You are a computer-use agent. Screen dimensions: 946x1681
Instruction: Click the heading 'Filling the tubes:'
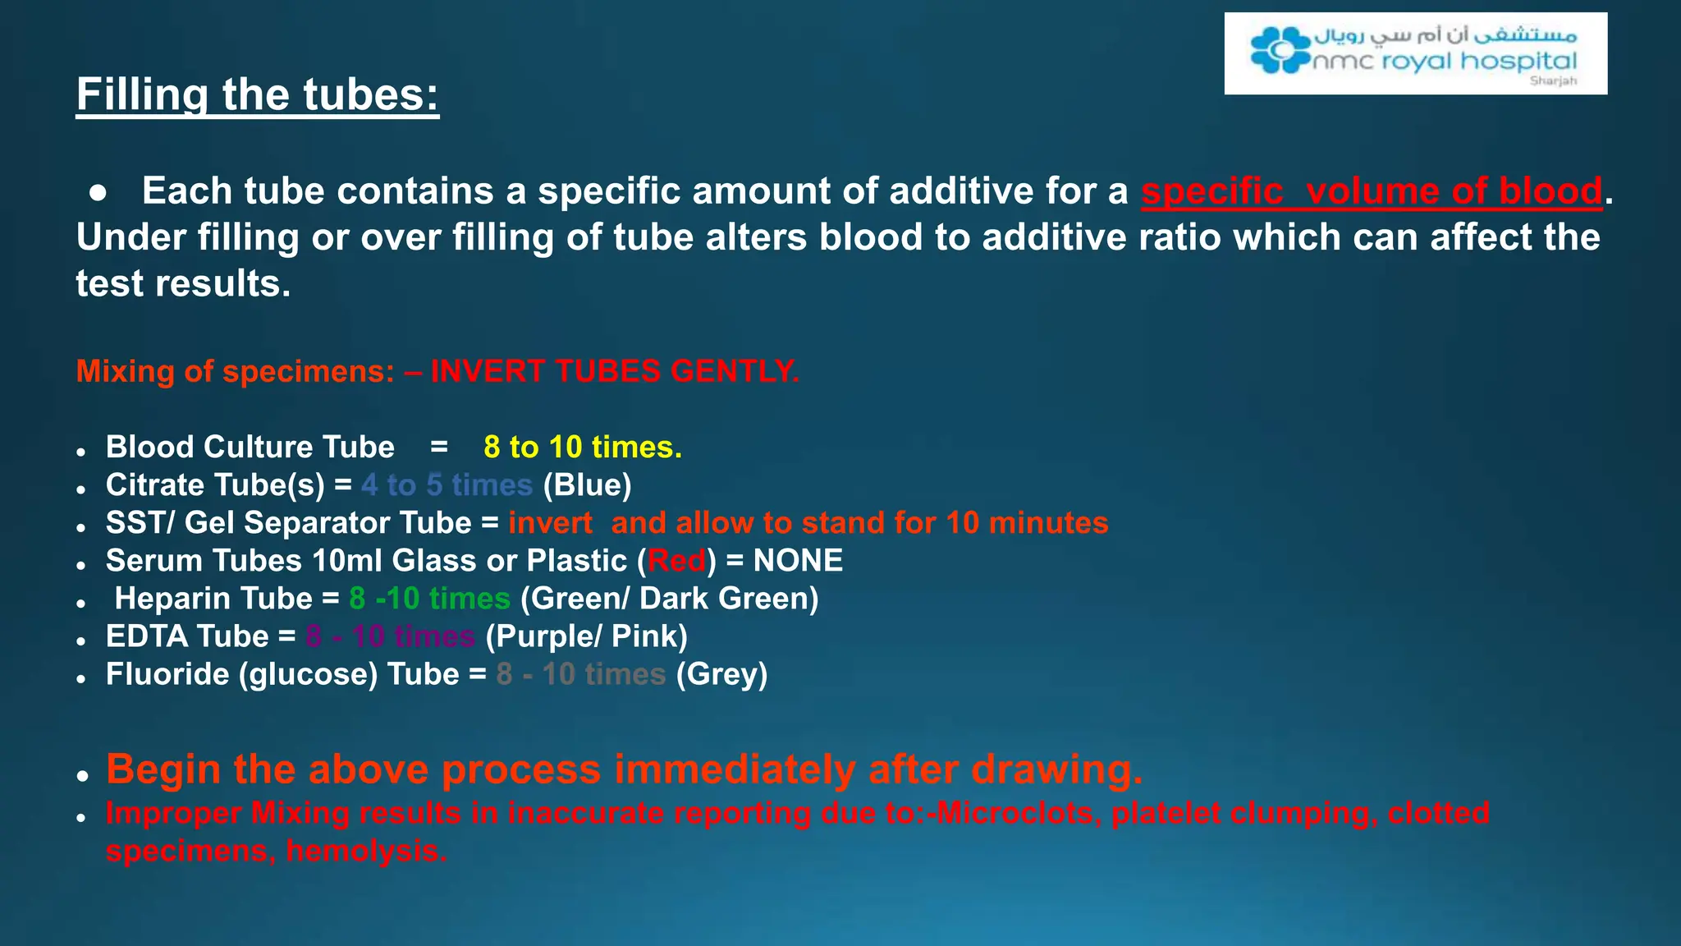coord(257,94)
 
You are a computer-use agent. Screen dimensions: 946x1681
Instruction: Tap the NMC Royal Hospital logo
coord(1414,53)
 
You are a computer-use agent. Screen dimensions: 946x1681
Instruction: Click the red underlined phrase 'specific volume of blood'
coord(1371,191)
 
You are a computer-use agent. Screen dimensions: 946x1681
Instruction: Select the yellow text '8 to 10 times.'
coord(582,448)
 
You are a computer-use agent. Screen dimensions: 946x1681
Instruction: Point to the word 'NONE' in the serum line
coord(798,561)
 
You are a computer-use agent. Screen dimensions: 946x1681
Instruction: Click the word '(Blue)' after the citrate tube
coord(587,485)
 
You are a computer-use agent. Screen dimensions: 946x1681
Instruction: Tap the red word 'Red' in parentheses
coord(676,561)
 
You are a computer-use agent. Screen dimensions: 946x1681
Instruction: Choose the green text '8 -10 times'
coord(429,599)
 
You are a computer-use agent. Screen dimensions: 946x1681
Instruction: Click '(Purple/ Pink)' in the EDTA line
coord(586,636)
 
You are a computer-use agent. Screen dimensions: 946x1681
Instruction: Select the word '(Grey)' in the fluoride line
coord(721,674)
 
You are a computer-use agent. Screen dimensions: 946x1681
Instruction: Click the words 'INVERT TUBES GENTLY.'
coord(614,371)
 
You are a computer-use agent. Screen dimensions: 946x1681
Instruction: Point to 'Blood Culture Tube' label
coord(250,448)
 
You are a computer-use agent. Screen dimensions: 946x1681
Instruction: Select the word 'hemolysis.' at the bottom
coord(366,851)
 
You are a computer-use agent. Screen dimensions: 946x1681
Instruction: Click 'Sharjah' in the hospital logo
coord(1553,81)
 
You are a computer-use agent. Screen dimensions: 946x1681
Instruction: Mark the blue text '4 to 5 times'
coord(447,485)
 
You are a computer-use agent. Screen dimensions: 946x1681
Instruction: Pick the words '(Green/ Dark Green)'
coord(669,599)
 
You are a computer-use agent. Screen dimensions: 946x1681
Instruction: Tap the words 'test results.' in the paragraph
coord(183,284)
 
